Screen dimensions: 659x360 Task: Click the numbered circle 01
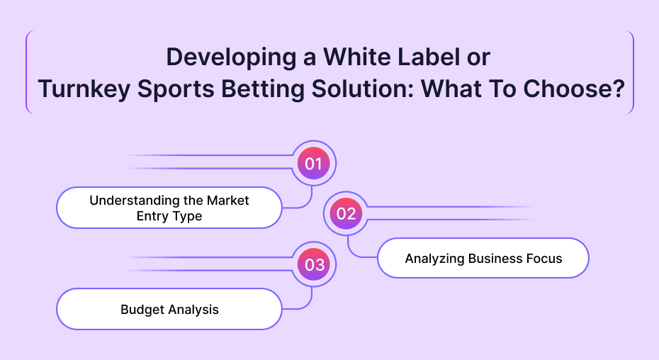click(x=313, y=163)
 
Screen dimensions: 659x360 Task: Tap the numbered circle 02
click(x=346, y=213)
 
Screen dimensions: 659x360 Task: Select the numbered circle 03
click(x=313, y=264)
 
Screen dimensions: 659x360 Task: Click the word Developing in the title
click(x=232, y=58)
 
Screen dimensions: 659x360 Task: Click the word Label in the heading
click(x=429, y=57)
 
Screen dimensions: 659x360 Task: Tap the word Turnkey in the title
click(x=84, y=90)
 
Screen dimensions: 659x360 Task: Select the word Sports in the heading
click(x=176, y=90)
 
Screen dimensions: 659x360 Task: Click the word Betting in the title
click(x=263, y=90)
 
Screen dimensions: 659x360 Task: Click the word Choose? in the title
click(x=574, y=89)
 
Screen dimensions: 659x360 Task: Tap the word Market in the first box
click(x=228, y=200)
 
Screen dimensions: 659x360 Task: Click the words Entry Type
click(x=169, y=216)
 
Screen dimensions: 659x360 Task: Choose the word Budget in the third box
click(x=142, y=310)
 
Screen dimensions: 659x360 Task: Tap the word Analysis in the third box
click(x=193, y=310)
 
